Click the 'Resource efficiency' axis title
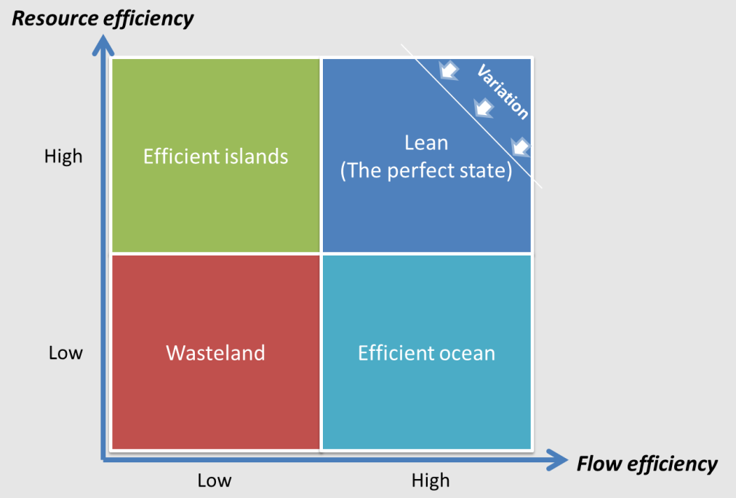(x=103, y=17)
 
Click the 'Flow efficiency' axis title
(x=647, y=464)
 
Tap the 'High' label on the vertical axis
(x=63, y=157)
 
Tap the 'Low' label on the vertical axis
(x=65, y=353)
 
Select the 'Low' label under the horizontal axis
(x=215, y=481)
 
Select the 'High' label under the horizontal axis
(x=431, y=481)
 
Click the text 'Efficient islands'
(x=215, y=157)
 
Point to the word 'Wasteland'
(x=215, y=353)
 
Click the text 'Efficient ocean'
(x=426, y=353)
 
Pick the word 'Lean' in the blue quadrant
(x=426, y=142)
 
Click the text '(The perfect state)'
(x=426, y=170)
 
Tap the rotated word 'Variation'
(x=503, y=92)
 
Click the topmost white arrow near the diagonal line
(x=449, y=70)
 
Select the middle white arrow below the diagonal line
(x=482, y=108)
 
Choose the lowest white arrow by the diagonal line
(x=521, y=146)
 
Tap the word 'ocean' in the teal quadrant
(x=470, y=353)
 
